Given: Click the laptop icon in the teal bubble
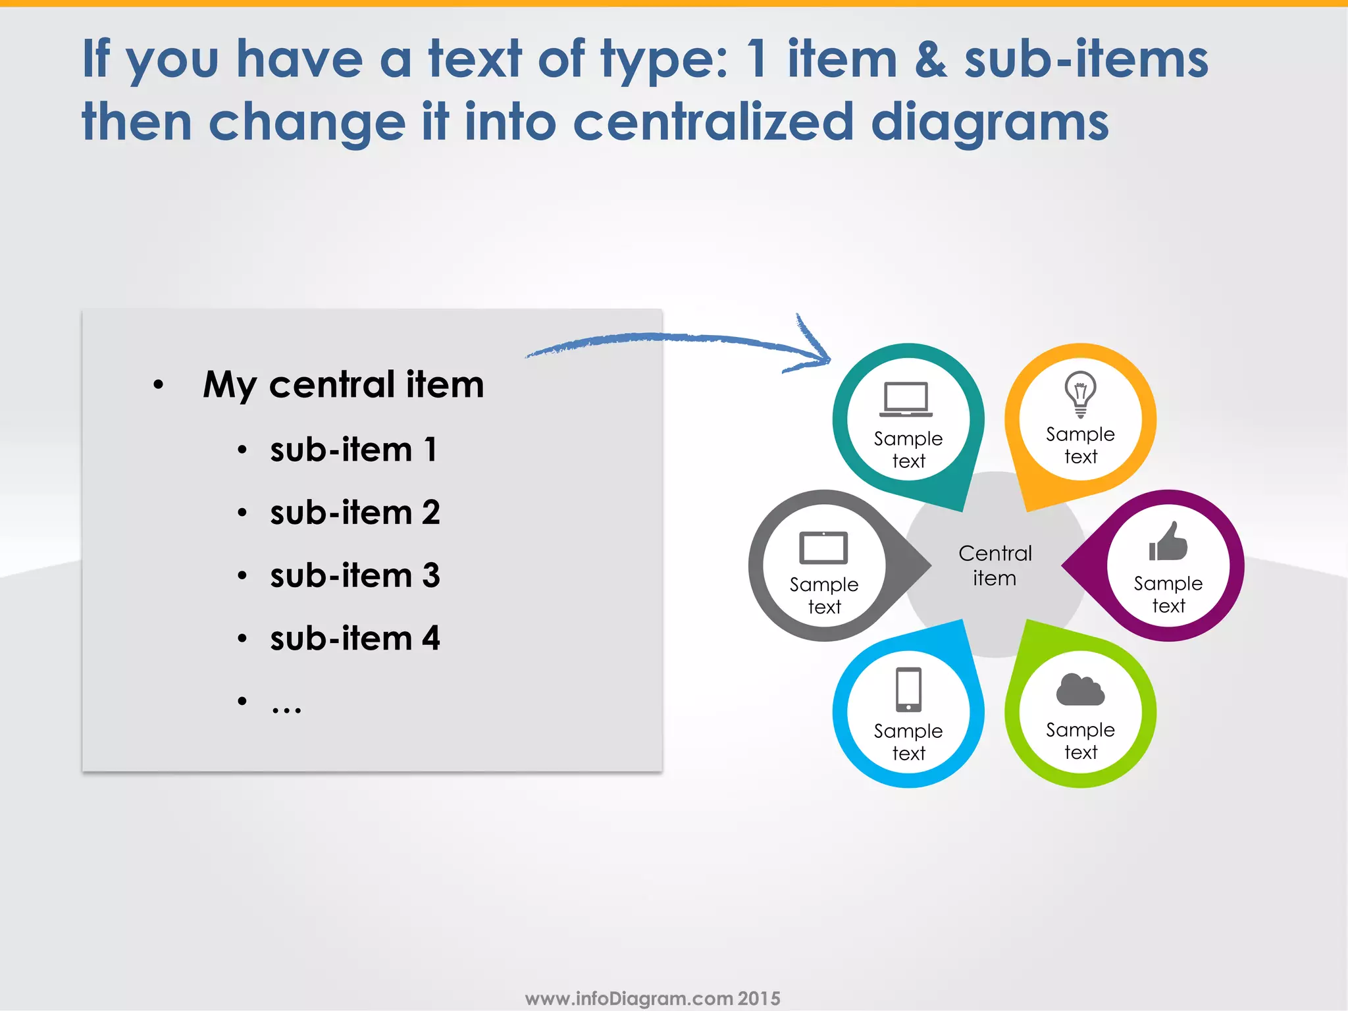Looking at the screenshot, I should (906, 399).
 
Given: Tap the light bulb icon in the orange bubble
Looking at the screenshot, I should (1080, 394).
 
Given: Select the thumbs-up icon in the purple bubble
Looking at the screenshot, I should (1168, 542).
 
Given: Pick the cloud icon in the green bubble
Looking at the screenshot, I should (1080, 690).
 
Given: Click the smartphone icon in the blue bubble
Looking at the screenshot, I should (908, 689).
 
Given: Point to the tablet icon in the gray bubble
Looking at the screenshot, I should (823, 548).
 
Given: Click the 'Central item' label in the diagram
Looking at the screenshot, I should (995, 565).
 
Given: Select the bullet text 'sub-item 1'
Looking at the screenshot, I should (353, 450).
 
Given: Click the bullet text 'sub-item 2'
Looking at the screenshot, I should (355, 513).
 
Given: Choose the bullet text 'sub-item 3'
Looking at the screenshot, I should (355, 576).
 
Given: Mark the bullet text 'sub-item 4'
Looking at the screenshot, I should (355, 638).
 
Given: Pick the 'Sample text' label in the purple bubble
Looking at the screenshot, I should (1168, 594).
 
